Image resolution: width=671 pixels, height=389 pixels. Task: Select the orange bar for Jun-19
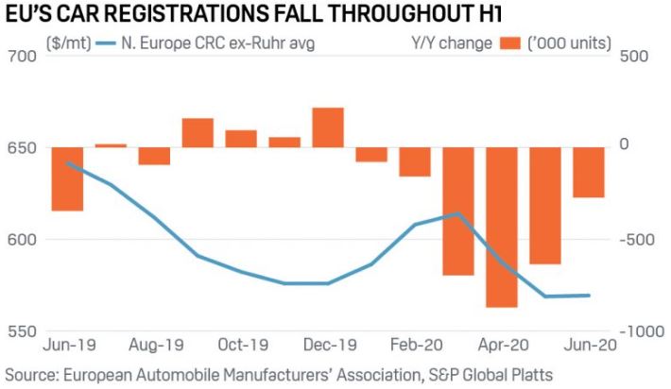[67, 178]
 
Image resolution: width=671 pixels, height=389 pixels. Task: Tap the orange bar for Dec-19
[328, 127]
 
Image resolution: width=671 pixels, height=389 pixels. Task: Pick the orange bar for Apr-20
[501, 227]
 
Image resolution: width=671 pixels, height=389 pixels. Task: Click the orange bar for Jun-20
[588, 172]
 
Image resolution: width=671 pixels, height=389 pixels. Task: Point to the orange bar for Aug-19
[154, 156]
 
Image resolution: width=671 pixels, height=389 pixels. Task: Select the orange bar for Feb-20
[414, 162]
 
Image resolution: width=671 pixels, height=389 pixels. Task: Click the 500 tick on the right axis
[637, 57]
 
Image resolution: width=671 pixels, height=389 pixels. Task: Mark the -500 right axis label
[640, 240]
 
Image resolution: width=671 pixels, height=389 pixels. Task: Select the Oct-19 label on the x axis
[241, 346]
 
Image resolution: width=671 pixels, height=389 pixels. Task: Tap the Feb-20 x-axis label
[414, 346]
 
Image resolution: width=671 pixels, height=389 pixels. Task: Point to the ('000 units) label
[575, 42]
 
